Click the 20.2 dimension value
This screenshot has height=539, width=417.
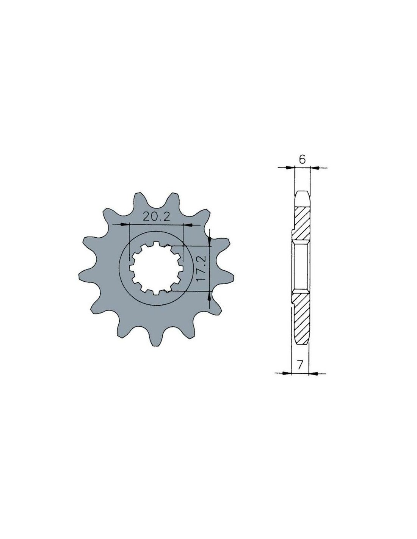[x=156, y=218]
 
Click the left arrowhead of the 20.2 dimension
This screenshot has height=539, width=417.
[x=125, y=225]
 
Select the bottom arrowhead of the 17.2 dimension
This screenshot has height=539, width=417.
[x=210, y=296]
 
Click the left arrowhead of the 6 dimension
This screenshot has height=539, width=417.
[x=289, y=168]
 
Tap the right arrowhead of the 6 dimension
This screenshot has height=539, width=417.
[x=315, y=168]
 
